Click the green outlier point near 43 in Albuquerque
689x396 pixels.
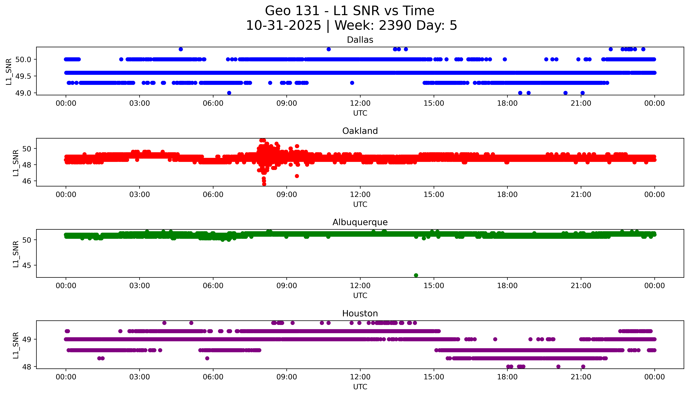pos(416,275)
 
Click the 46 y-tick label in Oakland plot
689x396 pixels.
pos(27,181)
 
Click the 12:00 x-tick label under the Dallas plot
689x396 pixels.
pos(360,103)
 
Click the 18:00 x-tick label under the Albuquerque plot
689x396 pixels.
pos(507,286)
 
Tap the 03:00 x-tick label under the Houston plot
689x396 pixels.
pos(140,377)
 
